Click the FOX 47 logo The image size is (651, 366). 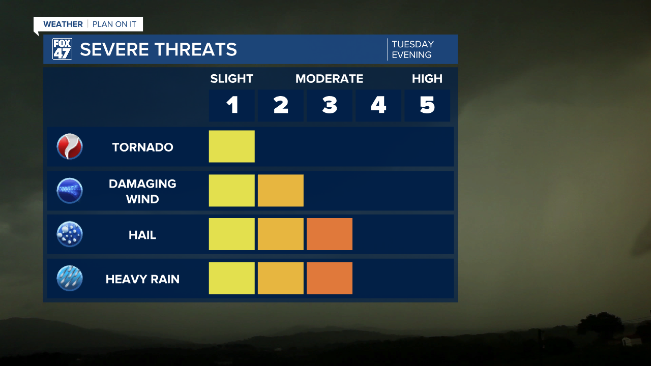click(x=62, y=49)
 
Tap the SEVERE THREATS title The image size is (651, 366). click(x=158, y=49)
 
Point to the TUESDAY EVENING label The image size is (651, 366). click(x=412, y=49)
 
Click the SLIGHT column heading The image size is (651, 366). click(x=231, y=79)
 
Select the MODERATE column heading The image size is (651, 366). click(x=329, y=79)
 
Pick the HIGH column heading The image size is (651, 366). click(x=427, y=79)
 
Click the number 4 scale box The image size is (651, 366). click(x=378, y=105)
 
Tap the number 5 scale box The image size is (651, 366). click(x=427, y=105)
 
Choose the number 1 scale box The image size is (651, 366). click(x=232, y=105)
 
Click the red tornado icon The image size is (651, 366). click(x=70, y=146)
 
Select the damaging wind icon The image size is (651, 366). click(x=70, y=191)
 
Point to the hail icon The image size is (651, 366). click(x=70, y=234)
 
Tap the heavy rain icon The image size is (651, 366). click(x=70, y=279)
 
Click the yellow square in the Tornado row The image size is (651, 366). click(x=232, y=146)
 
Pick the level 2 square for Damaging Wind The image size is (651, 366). click(x=281, y=191)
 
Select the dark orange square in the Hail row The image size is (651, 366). click(x=330, y=234)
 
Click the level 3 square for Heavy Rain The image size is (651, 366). click(x=330, y=278)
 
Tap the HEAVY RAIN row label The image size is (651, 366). click(x=142, y=279)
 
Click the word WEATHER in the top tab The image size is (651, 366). click(x=63, y=24)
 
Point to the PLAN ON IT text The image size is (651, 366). click(x=114, y=24)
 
